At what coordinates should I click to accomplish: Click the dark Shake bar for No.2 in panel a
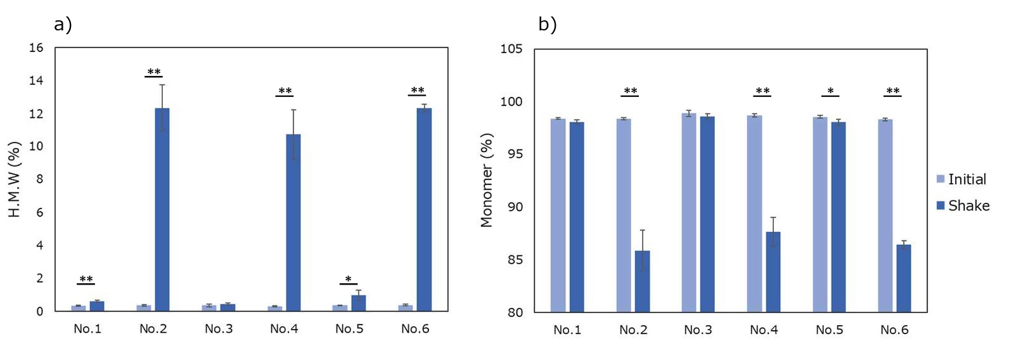point(162,209)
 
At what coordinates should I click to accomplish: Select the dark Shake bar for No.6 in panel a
point(424,209)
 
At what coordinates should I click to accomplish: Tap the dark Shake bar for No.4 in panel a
point(293,222)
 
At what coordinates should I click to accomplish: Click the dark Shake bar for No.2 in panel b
point(642,281)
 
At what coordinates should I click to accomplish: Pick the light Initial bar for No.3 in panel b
point(689,212)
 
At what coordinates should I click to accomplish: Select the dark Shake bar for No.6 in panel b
point(904,278)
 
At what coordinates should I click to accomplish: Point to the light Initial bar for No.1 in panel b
point(558,215)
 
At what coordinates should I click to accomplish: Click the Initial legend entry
point(961,179)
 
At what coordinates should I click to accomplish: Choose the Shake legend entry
point(963,205)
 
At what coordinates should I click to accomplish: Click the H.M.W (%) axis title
point(15,179)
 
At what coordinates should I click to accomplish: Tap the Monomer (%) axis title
point(486,180)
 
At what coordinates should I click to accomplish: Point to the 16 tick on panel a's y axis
point(36,48)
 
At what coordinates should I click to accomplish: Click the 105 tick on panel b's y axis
point(511,49)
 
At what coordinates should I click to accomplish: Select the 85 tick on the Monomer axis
point(515,260)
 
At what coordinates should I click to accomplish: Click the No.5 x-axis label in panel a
point(349,328)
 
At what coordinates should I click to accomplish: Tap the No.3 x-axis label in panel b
point(698,330)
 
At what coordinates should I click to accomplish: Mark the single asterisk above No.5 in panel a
point(348,280)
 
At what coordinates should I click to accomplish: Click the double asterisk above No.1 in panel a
point(86,280)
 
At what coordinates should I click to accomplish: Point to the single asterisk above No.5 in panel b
point(830,91)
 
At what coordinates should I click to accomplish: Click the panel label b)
point(547,24)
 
